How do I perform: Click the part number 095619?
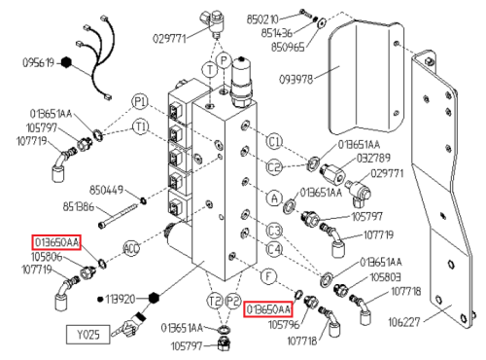[x=38, y=62]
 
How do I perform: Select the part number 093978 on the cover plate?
[x=296, y=79]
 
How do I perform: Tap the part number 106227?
[x=404, y=322]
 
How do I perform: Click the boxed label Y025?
[x=88, y=335]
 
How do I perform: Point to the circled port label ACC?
[x=131, y=248]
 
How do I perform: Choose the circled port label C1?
[x=274, y=142]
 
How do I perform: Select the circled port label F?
[x=268, y=277]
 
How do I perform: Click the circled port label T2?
[x=215, y=301]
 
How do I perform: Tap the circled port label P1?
[x=140, y=102]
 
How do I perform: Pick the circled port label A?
[x=274, y=198]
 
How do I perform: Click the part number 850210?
[x=262, y=19]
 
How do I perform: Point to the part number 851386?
[x=78, y=206]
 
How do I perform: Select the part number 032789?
[x=373, y=159]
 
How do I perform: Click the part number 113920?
[x=120, y=299]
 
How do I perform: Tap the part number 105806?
[x=47, y=257]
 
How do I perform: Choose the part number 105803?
[x=385, y=277]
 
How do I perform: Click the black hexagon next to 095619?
[x=66, y=62]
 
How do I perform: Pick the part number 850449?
[x=106, y=190]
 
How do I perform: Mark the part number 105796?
[x=284, y=324]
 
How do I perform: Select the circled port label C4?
[x=274, y=249]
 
